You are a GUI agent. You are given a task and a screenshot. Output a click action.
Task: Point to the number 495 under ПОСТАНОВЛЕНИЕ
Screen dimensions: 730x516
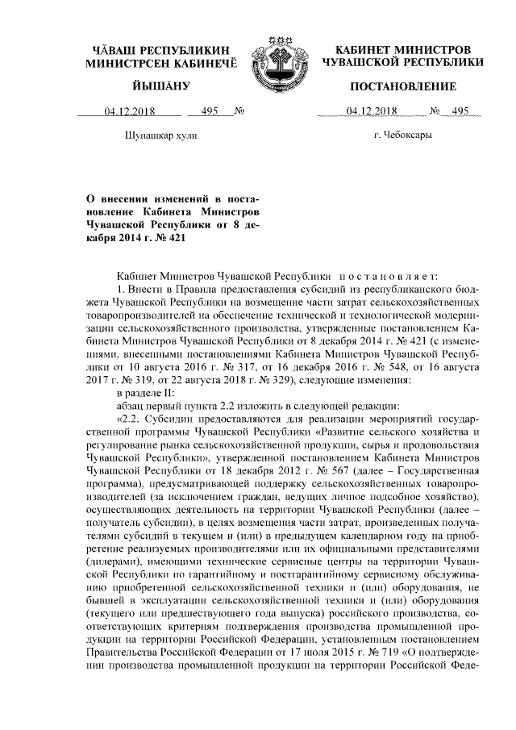pos(460,111)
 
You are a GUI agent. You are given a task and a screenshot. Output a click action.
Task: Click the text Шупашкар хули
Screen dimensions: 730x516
pos(163,135)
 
